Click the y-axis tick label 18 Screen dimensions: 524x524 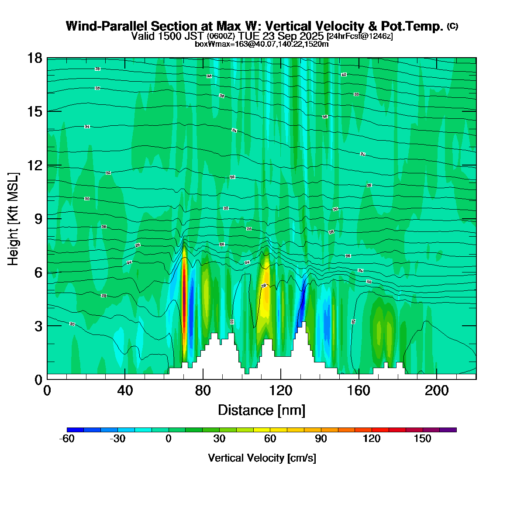[35, 58]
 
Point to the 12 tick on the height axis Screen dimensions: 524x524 [35, 165]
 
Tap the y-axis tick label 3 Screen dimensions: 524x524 [38, 326]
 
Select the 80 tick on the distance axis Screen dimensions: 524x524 [203, 390]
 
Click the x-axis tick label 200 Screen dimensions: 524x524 [437, 390]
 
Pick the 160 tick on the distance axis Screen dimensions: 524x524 [359, 390]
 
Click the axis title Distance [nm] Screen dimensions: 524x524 [262, 410]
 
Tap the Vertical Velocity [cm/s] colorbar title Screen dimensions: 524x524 [262, 458]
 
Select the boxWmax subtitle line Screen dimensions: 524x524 [262, 44]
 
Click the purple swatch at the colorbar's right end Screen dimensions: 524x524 [448, 430]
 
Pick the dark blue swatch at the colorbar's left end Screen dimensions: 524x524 [75, 430]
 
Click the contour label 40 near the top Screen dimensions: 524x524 [344, 75]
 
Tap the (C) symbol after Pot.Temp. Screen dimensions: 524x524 [452, 27]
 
